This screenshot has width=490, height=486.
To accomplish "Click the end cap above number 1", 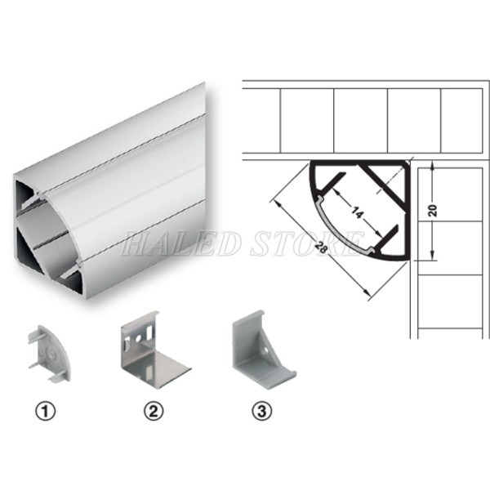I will (51, 353).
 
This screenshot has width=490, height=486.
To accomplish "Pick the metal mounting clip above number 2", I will (151, 351).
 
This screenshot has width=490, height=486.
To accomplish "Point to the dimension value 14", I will (354, 212).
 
